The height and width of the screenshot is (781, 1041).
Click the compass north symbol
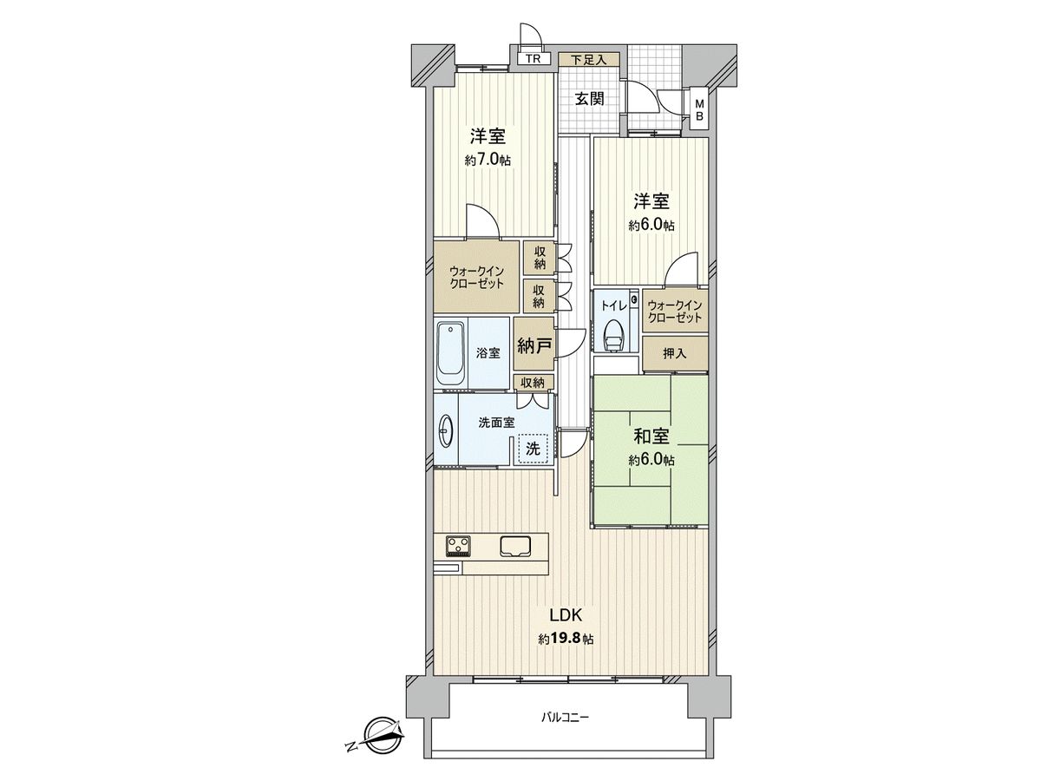(x=378, y=738)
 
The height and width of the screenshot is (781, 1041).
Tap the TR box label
(x=534, y=60)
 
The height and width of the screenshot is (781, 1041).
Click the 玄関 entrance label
(x=589, y=98)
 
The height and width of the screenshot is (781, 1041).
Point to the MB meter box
(x=700, y=111)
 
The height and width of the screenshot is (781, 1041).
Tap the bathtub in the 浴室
(x=449, y=353)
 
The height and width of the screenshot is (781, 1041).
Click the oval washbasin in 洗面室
(x=445, y=428)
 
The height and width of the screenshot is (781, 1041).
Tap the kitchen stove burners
(x=458, y=546)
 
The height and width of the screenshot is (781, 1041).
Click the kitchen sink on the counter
(x=514, y=546)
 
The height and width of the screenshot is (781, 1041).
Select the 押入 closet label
(x=674, y=353)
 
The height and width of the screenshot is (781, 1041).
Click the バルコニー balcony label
(x=565, y=718)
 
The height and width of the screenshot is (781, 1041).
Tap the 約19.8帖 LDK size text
(x=566, y=640)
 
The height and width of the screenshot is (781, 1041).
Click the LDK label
(x=565, y=615)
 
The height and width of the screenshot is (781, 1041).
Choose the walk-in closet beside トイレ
(x=674, y=311)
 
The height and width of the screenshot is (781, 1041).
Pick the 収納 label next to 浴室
(x=532, y=382)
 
